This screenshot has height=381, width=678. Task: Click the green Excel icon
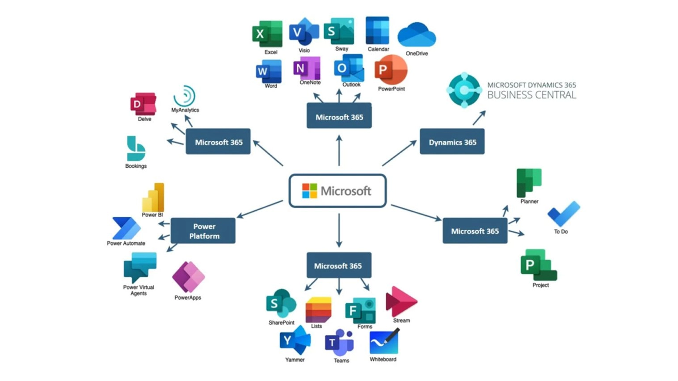pos(267,34)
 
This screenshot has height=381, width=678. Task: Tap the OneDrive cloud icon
pos(417,35)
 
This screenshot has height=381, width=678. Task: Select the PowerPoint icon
pos(391,70)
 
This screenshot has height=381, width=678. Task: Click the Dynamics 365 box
pos(452,142)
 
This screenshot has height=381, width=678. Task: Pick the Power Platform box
pos(203,231)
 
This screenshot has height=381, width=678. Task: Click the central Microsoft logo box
pos(338,191)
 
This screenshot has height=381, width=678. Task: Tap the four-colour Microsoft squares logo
pos(309,191)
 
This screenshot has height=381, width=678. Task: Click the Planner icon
pos(529,183)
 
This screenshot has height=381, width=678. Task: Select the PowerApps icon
pos(188,277)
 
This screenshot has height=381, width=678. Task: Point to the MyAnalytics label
pos(185,110)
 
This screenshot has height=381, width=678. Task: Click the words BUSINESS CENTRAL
pos(531,95)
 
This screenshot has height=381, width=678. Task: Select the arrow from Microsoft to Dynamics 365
pos(399,153)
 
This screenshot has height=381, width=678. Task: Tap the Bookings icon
pos(136,149)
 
